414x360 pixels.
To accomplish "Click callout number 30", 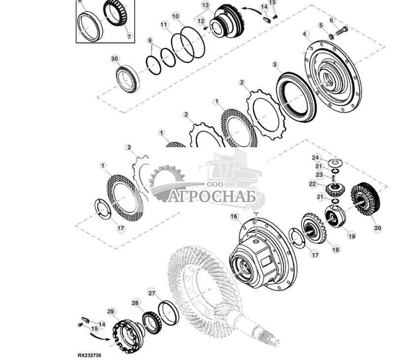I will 115,59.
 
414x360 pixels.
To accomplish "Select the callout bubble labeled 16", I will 234,217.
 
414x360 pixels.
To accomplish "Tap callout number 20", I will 378,228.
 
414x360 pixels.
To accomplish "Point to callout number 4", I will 305,34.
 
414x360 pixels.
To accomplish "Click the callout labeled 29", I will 111,311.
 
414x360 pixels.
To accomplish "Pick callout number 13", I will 205,5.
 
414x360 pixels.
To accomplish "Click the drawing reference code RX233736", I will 89,355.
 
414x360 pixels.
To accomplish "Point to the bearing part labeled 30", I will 127,79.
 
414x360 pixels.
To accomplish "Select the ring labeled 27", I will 169,313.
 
